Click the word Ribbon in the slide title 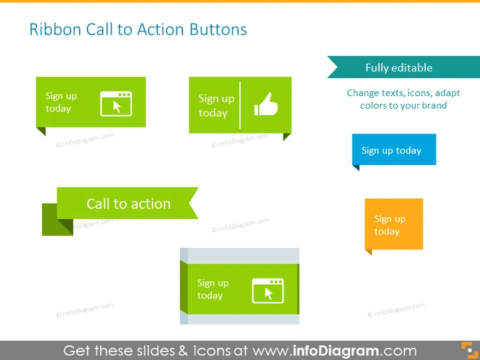(x=55, y=29)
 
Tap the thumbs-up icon (x=266, y=104)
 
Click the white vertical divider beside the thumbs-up (x=240, y=106)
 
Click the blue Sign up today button (x=394, y=149)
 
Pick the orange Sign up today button (x=394, y=224)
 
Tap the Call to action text (x=128, y=204)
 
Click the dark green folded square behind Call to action (x=57, y=220)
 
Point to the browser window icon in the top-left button (x=116, y=104)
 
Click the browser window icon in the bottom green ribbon (x=268, y=291)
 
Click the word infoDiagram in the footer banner (x=336, y=351)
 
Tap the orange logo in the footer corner (x=469, y=350)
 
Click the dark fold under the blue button (x=356, y=168)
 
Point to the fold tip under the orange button (x=371, y=254)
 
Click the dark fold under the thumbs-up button (x=287, y=136)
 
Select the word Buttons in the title (x=218, y=29)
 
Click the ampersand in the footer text (x=183, y=351)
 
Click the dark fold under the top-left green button (x=41, y=131)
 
